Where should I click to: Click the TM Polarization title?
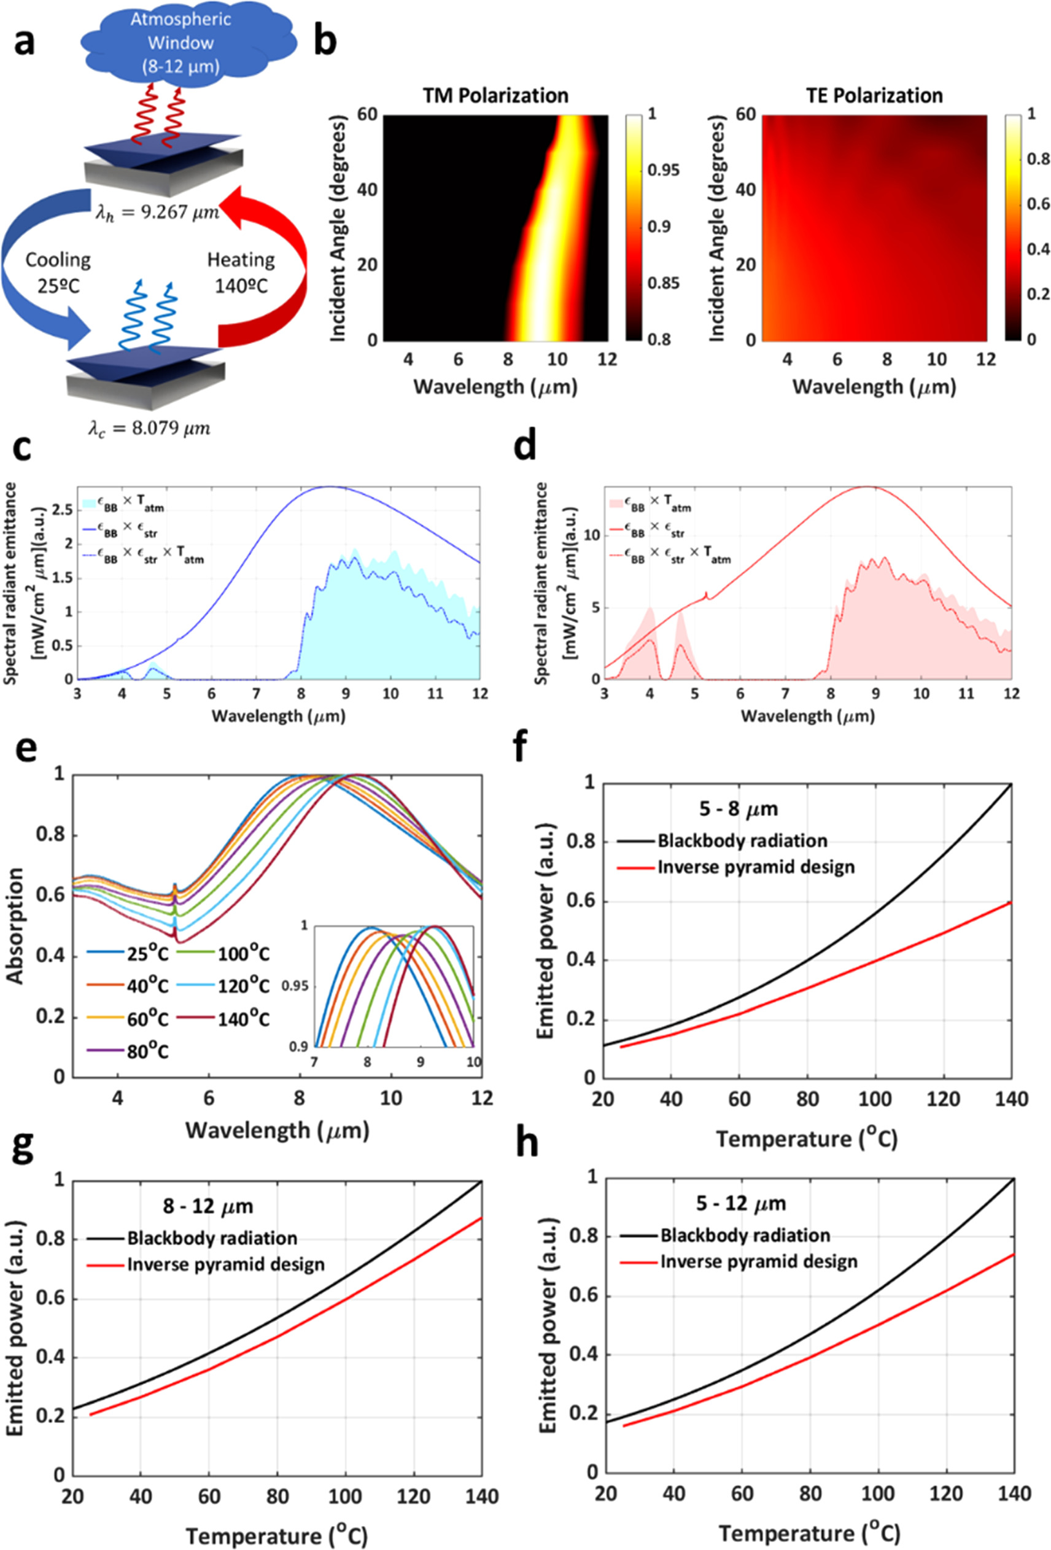click(x=495, y=95)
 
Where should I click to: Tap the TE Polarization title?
click(x=874, y=95)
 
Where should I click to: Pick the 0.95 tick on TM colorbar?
click(x=663, y=170)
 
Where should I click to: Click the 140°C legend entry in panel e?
click(x=243, y=1019)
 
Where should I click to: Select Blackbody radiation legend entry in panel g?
click(x=212, y=1238)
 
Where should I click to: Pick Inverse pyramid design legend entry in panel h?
click(x=758, y=1262)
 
